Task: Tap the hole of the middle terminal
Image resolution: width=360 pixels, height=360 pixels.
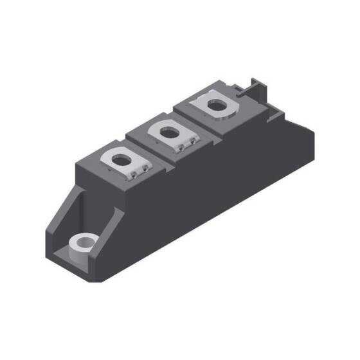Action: [170, 133]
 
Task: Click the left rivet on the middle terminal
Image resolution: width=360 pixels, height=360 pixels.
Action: [181, 148]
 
